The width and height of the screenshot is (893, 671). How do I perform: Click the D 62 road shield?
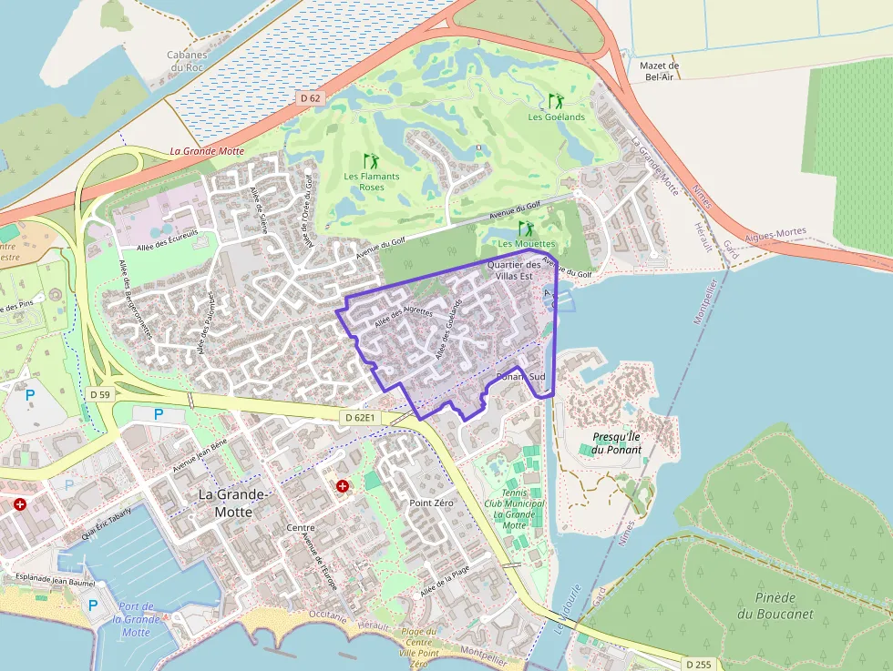tap(311, 97)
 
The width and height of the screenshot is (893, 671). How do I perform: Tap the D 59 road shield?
tap(100, 394)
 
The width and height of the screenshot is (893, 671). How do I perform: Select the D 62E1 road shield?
tap(360, 417)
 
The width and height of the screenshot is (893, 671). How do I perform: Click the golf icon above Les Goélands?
tap(556, 101)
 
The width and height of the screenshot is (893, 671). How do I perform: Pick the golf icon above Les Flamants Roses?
tap(371, 161)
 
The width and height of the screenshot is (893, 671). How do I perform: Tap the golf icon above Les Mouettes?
tap(526, 229)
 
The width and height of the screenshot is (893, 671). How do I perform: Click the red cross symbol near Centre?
tap(343, 487)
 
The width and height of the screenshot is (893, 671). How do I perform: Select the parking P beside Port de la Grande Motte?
tap(92, 605)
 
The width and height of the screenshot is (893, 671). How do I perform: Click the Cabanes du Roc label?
tap(186, 61)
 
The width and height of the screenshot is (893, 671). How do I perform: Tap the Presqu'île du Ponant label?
tap(616, 443)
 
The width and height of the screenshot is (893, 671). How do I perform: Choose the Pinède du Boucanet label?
tap(775, 605)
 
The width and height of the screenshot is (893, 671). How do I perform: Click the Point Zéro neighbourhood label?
tap(431, 503)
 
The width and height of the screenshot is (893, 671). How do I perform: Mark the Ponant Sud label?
tap(520, 376)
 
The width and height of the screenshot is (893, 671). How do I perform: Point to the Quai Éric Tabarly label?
tap(107, 524)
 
